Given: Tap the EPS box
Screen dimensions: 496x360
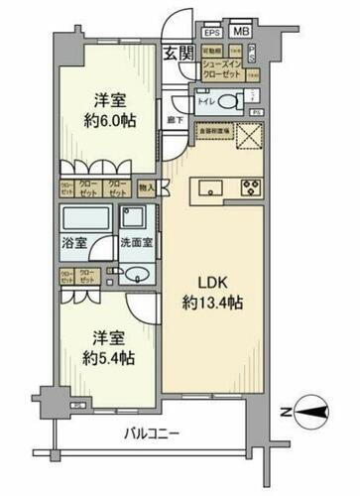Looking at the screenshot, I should tap(211, 33).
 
